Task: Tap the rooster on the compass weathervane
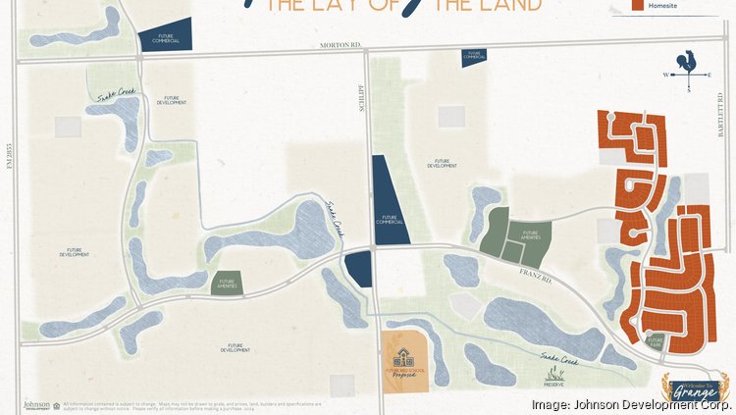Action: click(x=689, y=61)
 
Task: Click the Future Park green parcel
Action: click(x=655, y=340)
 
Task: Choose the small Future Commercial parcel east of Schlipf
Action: click(x=475, y=57)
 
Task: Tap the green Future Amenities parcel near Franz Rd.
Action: click(x=514, y=233)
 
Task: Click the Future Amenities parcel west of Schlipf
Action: click(x=226, y=284)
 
